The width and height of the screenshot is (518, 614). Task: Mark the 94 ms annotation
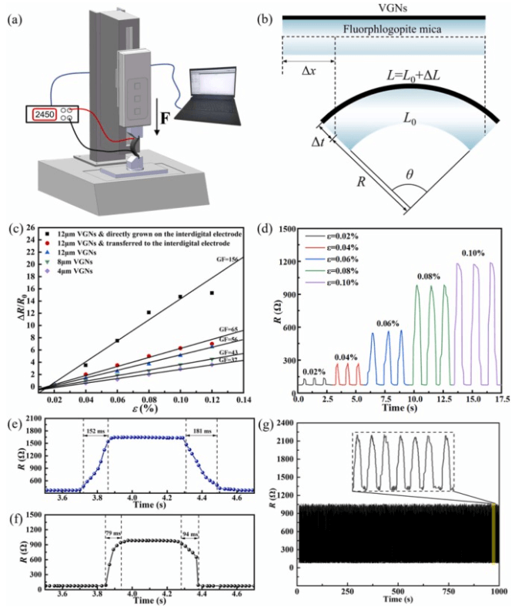(189, 532)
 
